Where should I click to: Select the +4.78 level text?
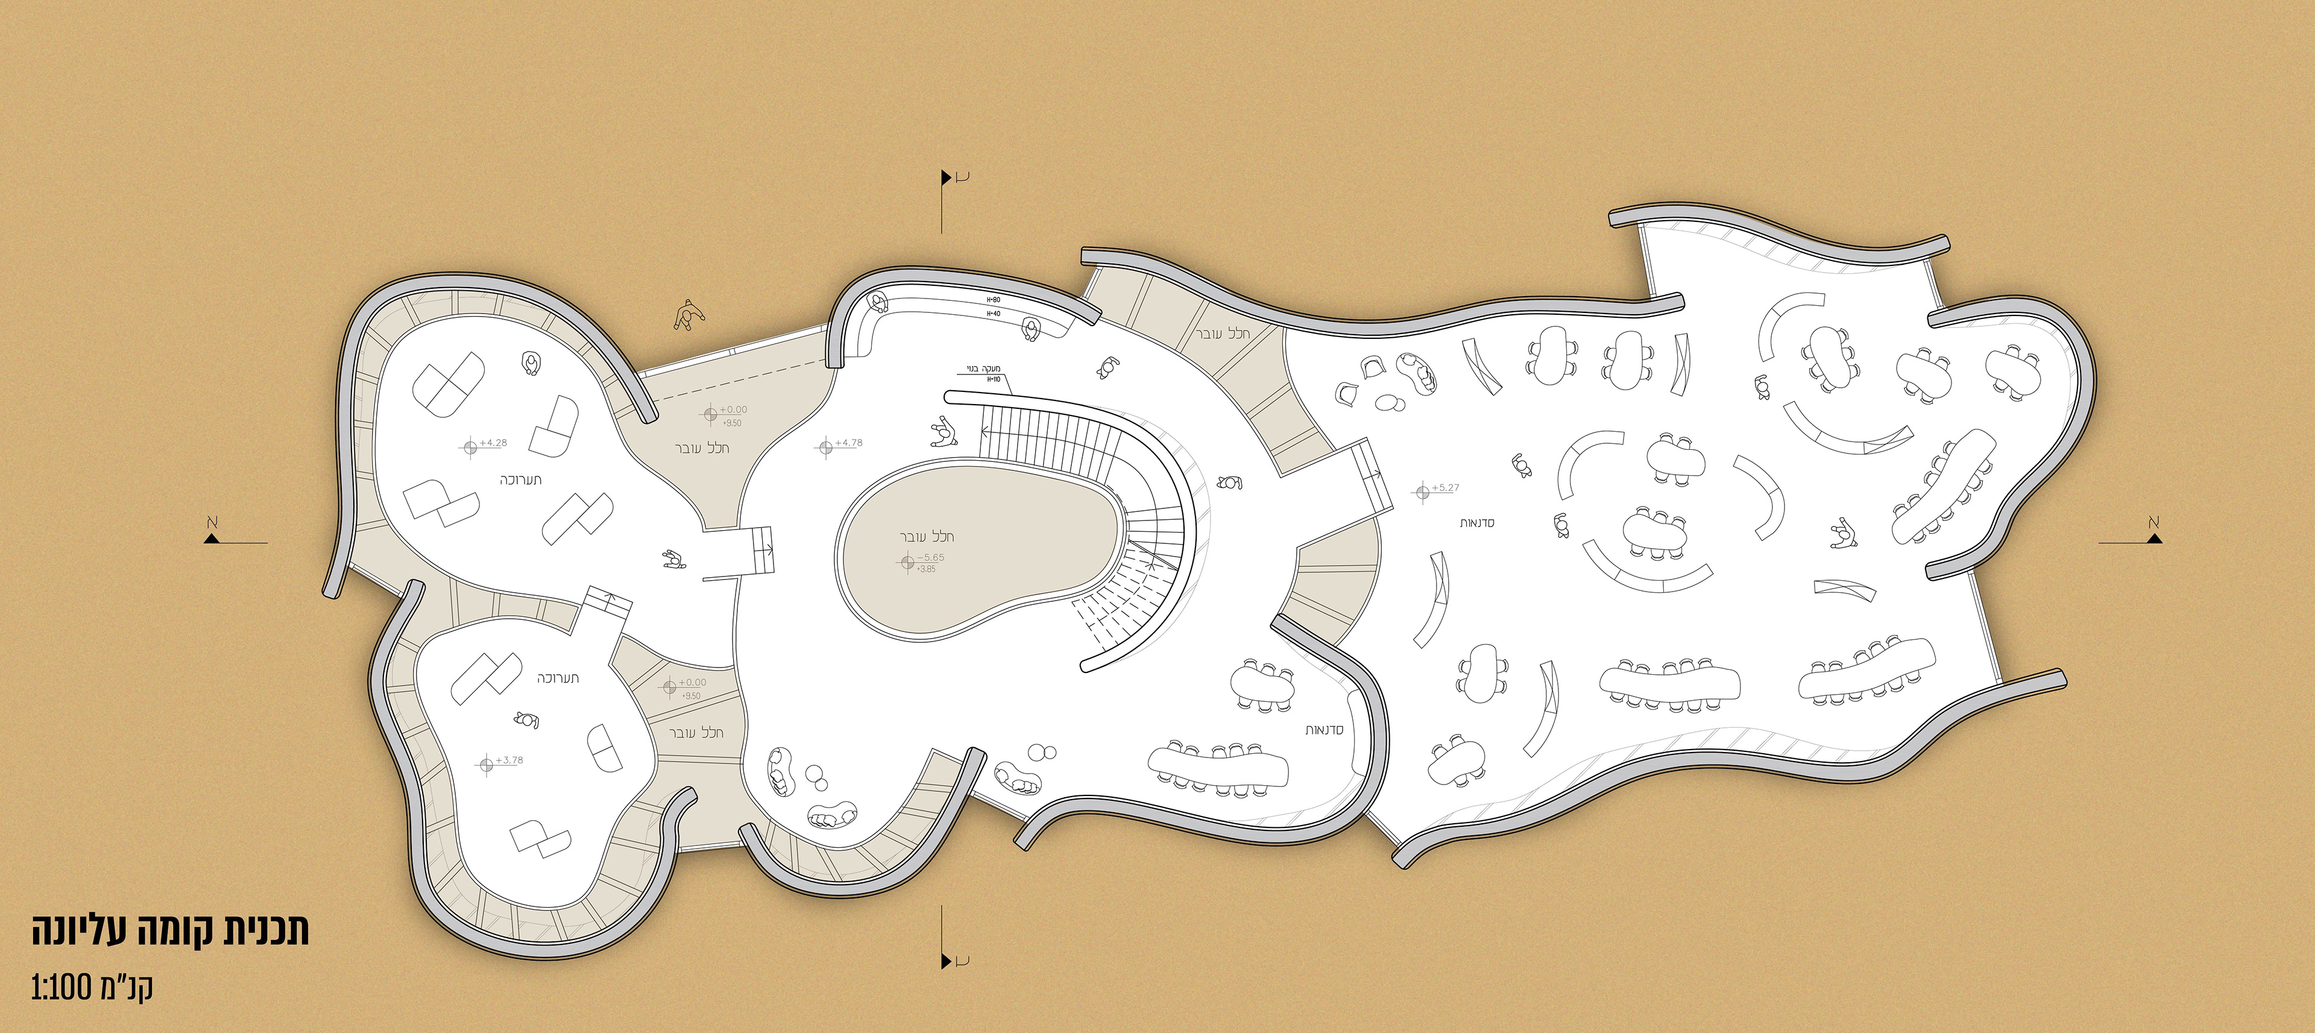point(849,443)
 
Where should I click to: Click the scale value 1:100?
point(61,987)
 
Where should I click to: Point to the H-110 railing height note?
point(994,379)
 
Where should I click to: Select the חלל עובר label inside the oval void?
point(927,537)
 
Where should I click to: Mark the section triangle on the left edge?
point(212,538)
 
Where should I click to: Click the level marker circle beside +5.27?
point(1422,493)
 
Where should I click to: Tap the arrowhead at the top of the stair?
point(984,432)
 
